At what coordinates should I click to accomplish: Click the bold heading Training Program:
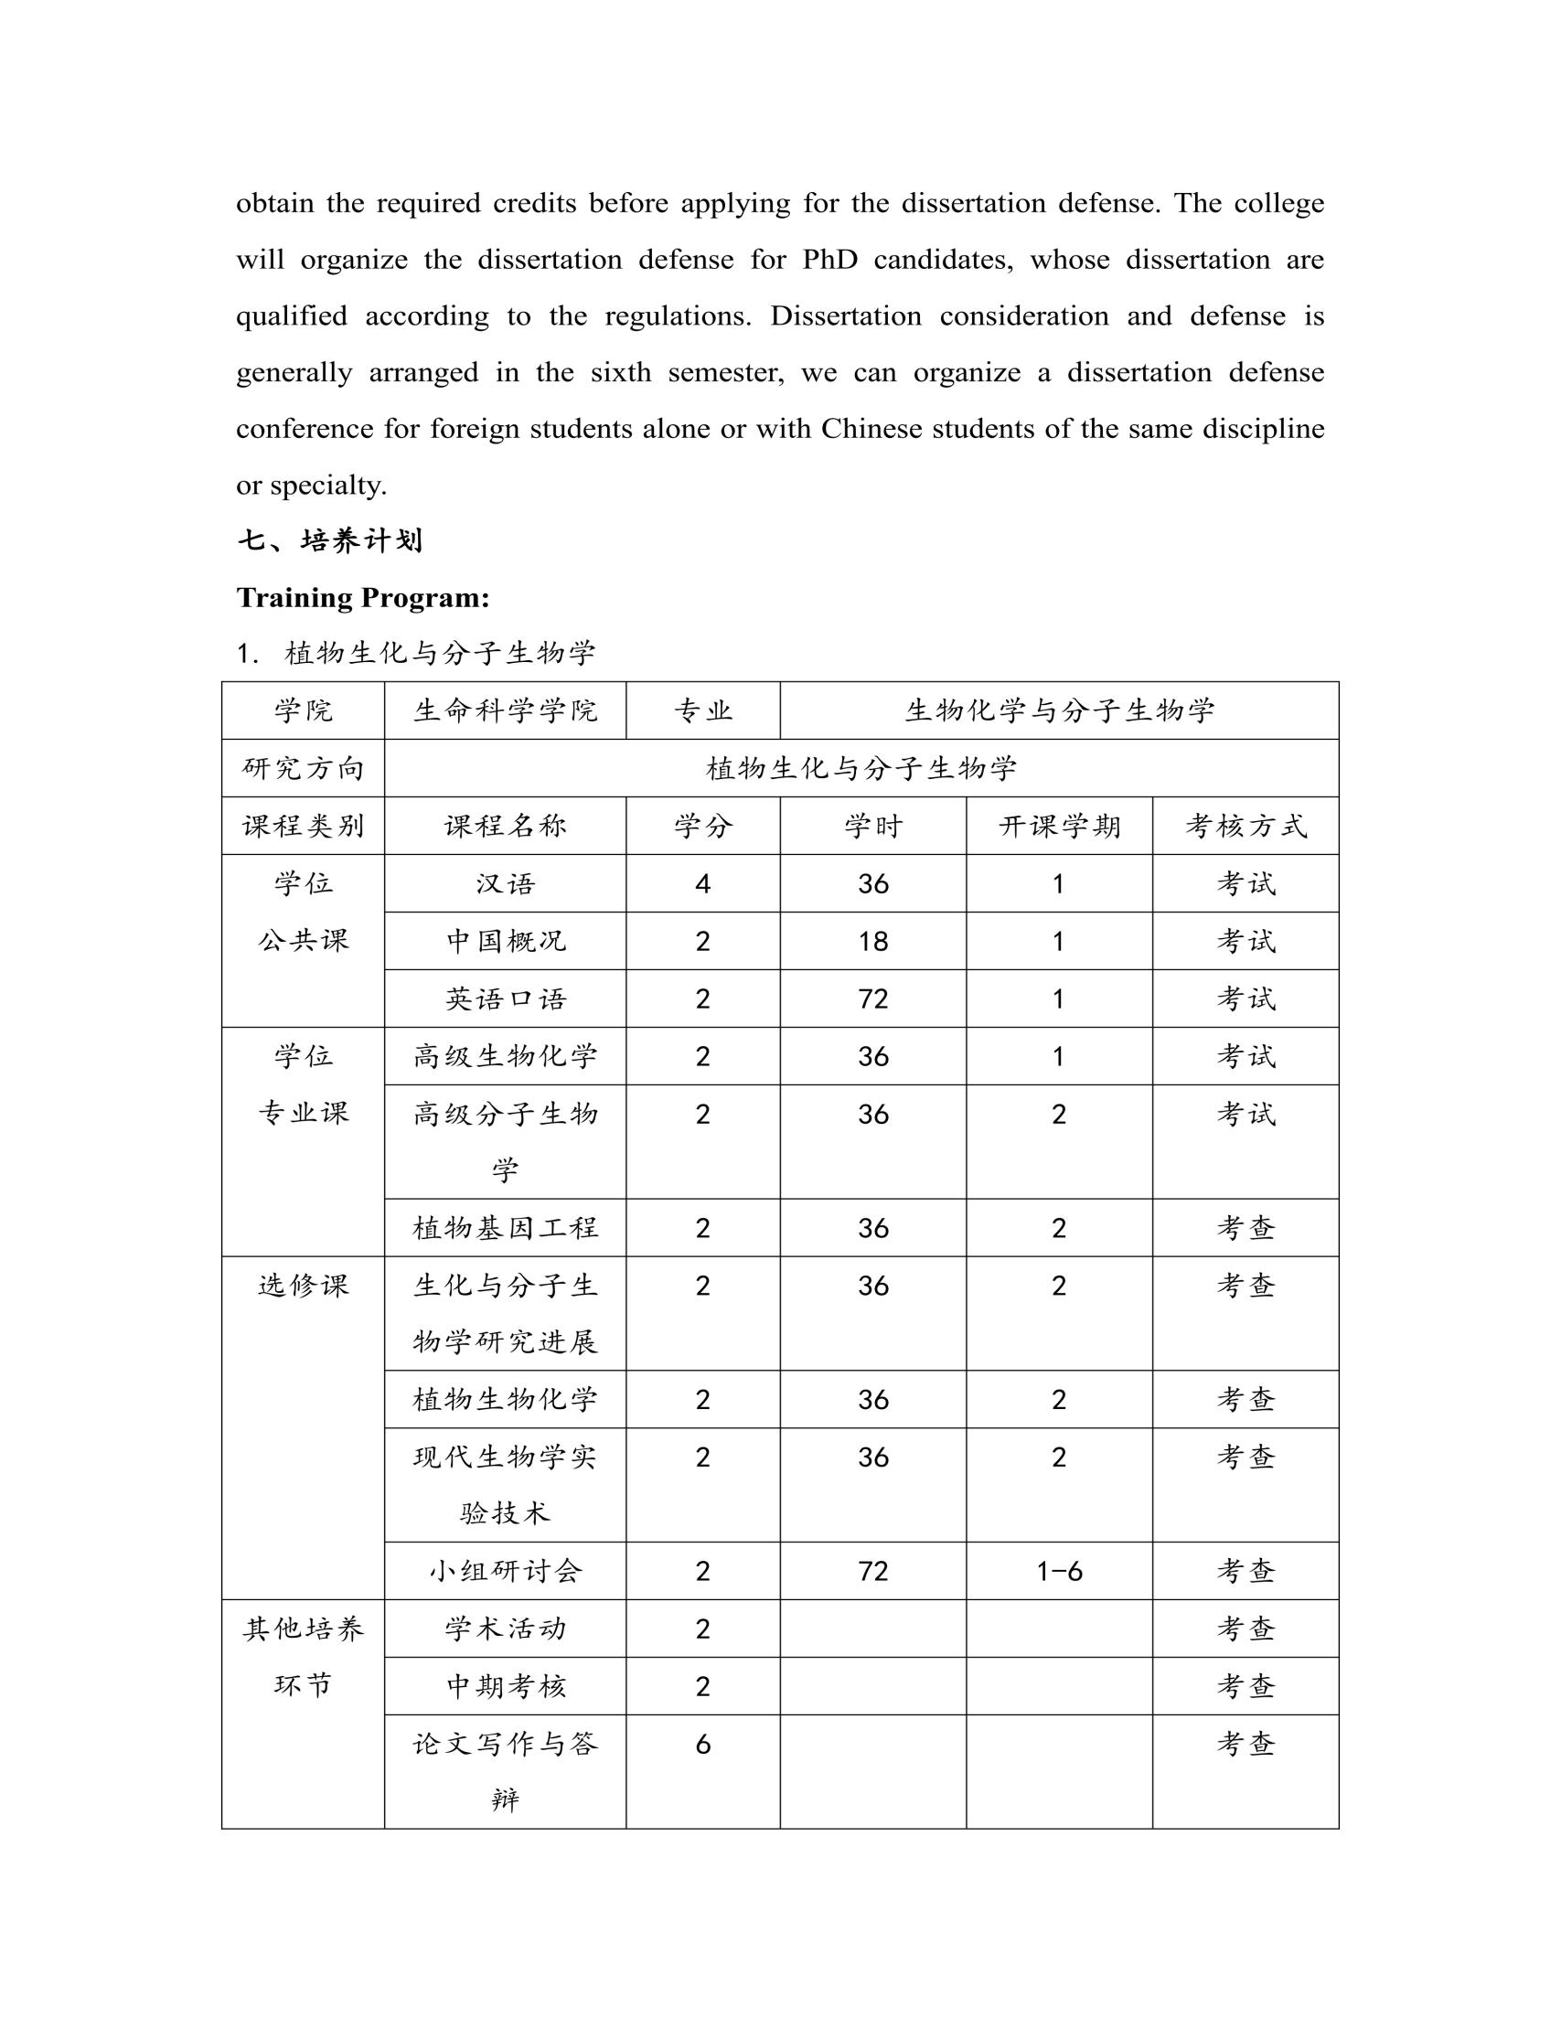tap(362, 597)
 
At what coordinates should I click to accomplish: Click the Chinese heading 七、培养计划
tap(330, 540)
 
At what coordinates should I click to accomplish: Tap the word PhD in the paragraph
tap(829, 259)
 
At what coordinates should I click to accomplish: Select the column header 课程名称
tap(505, 826)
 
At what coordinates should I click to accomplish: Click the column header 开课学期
tap(1059, 826)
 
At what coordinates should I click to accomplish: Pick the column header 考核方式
tap(1246, 826)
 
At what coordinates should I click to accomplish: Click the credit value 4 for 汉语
tap(702, 883)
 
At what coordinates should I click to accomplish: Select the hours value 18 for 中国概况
tap(872, 941)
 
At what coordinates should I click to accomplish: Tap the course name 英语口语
tap(505, 998)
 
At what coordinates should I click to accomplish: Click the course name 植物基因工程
tap(505, 1228)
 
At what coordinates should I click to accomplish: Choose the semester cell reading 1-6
tap(1059, 1571)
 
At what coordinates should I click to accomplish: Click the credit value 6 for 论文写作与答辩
tap(702, 1744)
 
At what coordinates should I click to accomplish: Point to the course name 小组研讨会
tap(505, 1571)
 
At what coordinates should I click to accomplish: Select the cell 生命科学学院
tap(505, 710)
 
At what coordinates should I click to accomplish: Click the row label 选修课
tap(303, 1286)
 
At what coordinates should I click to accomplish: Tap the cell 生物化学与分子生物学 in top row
tap(1059, 710)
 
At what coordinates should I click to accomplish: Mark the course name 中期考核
tap(505, 1686)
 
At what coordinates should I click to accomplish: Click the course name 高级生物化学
tap(505, 1056)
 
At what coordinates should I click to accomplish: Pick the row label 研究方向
tap(303, 768)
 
